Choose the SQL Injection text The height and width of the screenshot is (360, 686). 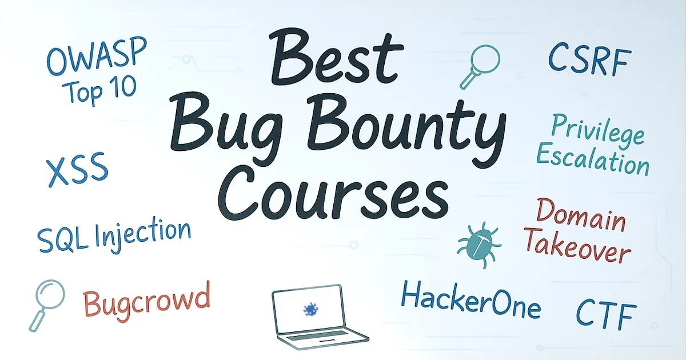[x=113, y=235]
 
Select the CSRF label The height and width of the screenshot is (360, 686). [x=589, y=61]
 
